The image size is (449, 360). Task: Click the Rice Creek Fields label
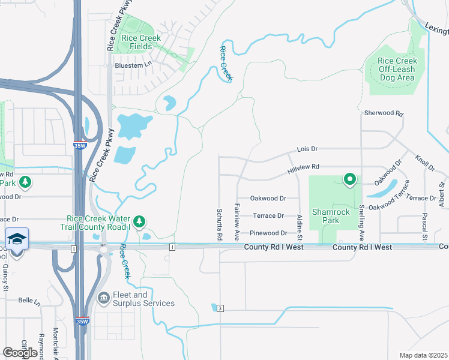(141, 42)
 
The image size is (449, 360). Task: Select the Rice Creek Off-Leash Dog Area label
(397, 69)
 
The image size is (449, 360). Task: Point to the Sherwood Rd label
(384, 113)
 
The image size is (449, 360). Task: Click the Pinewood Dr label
(268, 233)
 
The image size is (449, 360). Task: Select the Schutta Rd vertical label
(219, 225)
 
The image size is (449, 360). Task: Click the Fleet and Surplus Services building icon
(104, 297)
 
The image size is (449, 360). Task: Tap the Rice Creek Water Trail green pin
(139, 222)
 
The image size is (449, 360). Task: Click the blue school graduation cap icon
(17, 238)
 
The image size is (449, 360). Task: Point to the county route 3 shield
(220, 308)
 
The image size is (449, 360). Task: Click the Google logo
(20, 352)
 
